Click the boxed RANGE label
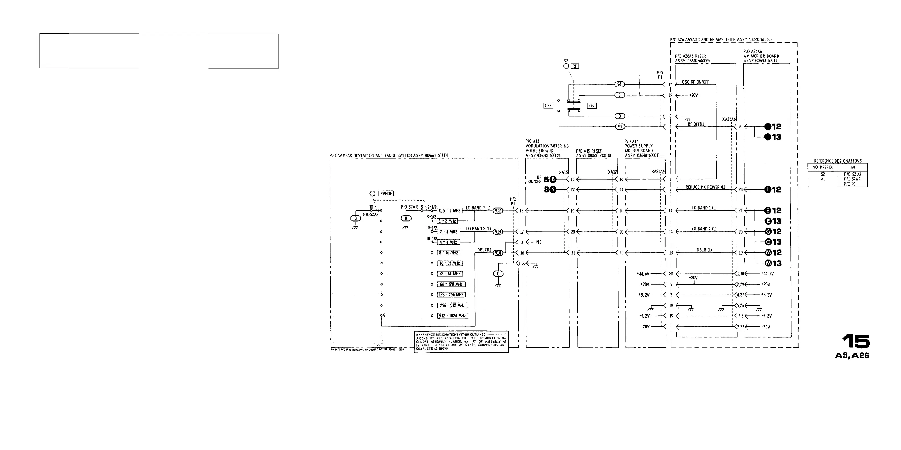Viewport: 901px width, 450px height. click(x=386, y=193)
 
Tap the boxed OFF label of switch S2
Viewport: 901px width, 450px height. click(x=548, y=105)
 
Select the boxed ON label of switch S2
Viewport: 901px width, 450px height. click(x=592, y=105)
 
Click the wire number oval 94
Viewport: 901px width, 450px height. click(x=619, y=84)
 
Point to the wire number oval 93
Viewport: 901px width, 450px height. click(x=620, y=126)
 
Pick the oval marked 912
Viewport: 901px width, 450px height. click(x=498, y=211)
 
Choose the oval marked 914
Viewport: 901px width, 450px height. click(x=498, y=253)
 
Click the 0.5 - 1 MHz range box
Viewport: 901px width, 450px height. click(x=449, y=211)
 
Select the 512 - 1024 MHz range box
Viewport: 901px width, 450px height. click(x=452, y=316)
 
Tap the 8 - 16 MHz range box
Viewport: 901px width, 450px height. click(x=449, y=253)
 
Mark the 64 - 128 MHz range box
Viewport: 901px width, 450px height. click(x=451, y=284)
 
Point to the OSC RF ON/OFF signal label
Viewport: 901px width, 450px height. click(x=695, y=82)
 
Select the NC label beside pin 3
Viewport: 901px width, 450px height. click(x=539, y=242)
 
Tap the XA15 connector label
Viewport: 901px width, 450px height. click(x=563, y=172)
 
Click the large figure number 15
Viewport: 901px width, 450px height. click(x=855, y=341)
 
